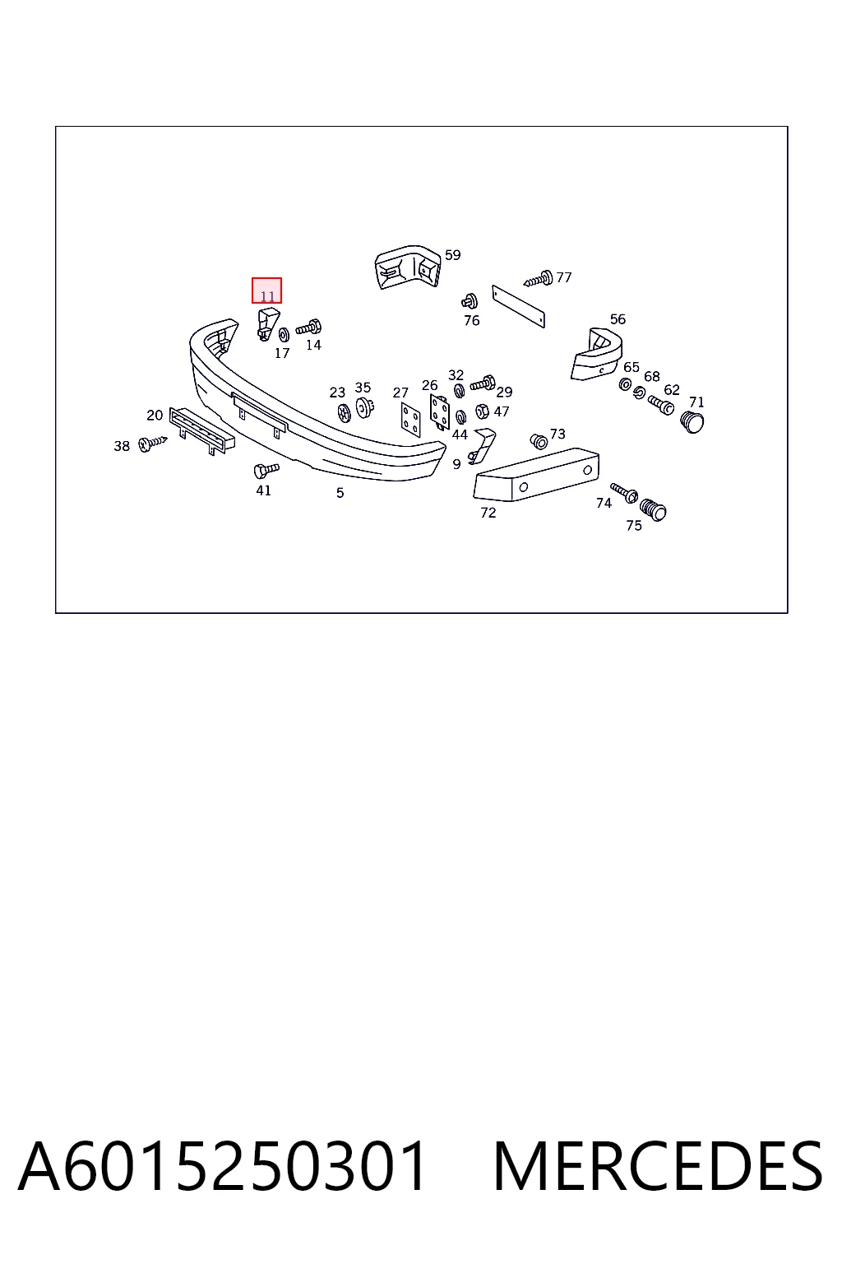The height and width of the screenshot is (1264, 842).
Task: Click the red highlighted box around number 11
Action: pos(266,290)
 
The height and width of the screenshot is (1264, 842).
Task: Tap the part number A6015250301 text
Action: pos(223,1166)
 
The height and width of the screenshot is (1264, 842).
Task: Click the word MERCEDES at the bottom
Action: pos(658,1166)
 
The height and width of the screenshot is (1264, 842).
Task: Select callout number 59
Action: pos(452,255)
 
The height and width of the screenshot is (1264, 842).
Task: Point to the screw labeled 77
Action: pos(538,278)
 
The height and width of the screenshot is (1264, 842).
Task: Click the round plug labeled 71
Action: pos(692,421)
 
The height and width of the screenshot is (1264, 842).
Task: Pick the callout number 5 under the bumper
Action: pos(340,493)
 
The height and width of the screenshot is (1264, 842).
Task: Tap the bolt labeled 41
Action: pos(266,470)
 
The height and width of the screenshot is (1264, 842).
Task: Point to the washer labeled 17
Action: pos(284,335)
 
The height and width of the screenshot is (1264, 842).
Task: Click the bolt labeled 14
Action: pos(308,328)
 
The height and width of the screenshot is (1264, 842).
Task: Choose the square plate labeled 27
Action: pos(410,419)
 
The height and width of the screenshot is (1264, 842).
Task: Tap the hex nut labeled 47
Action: pos(482,411)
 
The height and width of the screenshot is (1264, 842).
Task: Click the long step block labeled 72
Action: pos(536,474)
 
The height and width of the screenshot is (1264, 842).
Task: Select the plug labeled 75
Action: pos(653,510)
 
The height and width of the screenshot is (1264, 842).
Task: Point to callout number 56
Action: pos(618,319)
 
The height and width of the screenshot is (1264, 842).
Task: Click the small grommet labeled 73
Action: pos(539,441)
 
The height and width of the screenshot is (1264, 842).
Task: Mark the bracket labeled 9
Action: pos(480,446)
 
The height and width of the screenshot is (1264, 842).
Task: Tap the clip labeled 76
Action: pos(470,302)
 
